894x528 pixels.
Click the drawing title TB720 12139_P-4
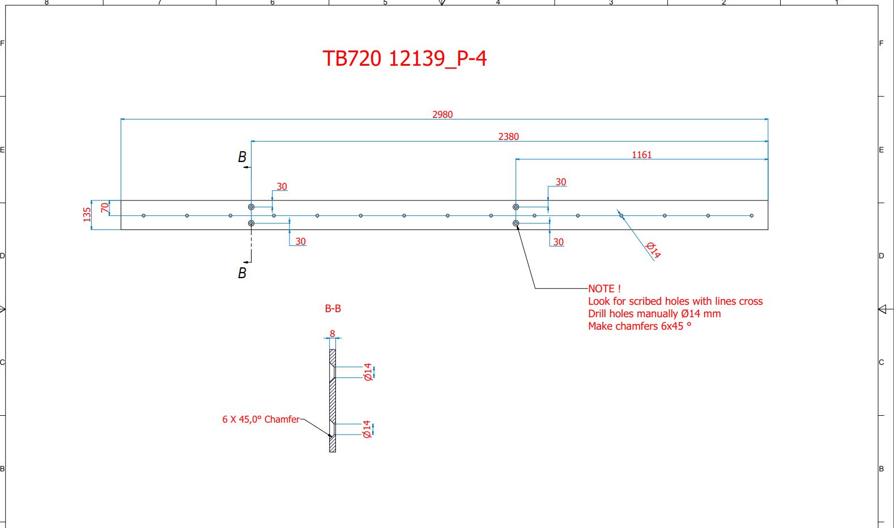tap(405, 58)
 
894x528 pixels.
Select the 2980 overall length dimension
tap(442, 114)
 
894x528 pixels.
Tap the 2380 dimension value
tap(508, 137)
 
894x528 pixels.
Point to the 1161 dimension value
tap(641, 155)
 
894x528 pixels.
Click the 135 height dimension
tap(87, 215)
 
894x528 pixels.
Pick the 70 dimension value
tap(105, 208)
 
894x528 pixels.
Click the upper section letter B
tap(242, 157)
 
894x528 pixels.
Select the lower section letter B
tap(242, 273)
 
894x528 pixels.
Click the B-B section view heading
tap(333, 309)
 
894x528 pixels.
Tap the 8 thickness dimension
tap(333, 334)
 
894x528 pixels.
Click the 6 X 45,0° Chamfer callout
tap(261, 419)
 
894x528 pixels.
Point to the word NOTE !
tap(604, 289)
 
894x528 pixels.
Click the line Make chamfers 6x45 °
tap(639, 326)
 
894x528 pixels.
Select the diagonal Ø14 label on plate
tap(653, 250)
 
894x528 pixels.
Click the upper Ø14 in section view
tap(368, 372)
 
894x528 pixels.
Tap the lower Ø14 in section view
tap(367, 429)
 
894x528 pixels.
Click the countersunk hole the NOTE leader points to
tap(516, 224)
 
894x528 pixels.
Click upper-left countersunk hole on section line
tap(251, 207)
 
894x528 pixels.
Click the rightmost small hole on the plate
tap(752, 216)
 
